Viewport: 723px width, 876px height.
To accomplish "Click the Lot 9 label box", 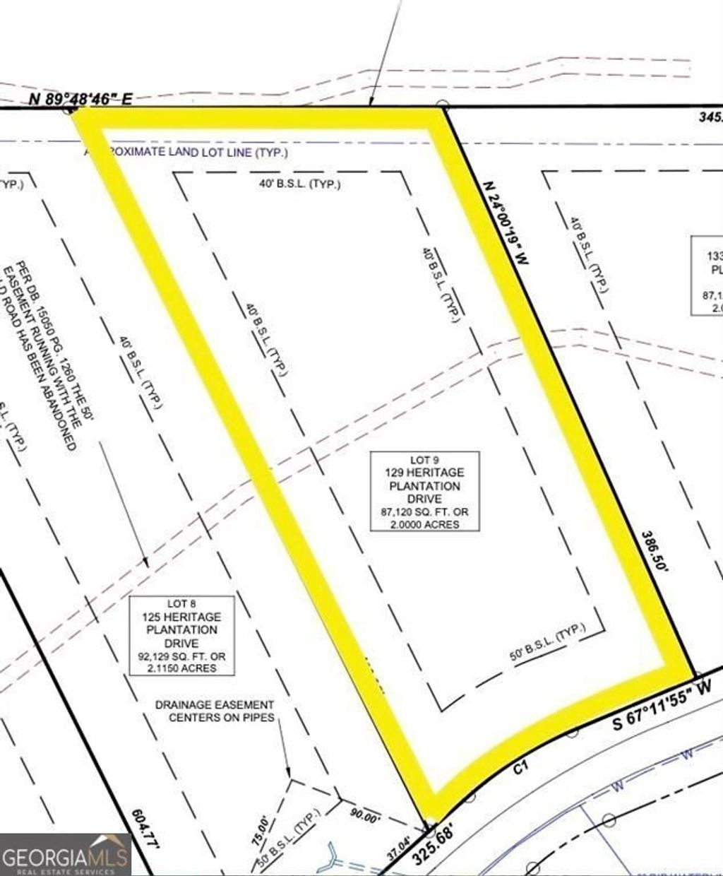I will tap(425, 492).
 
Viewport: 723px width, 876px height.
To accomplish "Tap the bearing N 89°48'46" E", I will tap(80, 99).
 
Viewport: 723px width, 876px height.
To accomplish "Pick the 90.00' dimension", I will tap(366, 817).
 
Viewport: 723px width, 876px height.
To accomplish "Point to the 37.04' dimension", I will tap(399, 845).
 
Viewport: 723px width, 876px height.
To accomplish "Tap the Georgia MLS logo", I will tap(65, 856).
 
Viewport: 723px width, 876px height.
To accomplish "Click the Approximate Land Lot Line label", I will tap(191, 152).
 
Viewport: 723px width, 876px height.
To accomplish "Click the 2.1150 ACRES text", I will tap(181, 668).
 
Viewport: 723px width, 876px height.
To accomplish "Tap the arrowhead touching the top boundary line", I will tap(372, 105).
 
